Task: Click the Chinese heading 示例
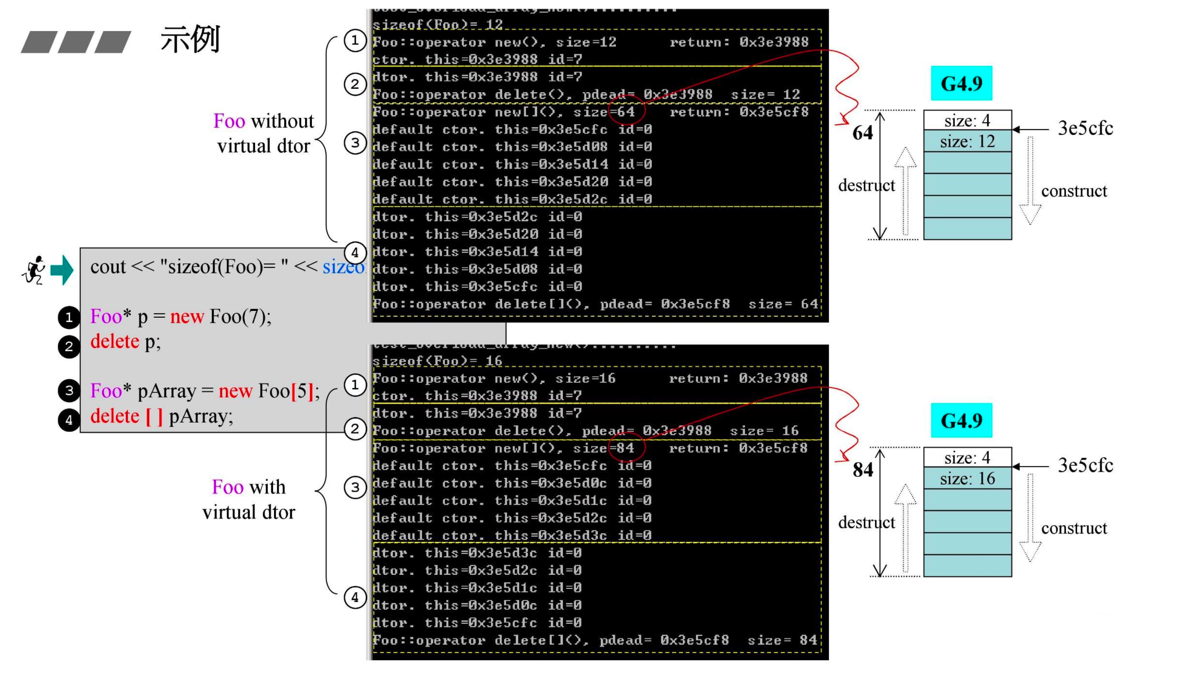tap(190, 40)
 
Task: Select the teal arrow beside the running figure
tap(62, 270)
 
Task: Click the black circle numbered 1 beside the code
tap(69, 317)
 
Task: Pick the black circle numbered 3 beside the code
tap(69, 391)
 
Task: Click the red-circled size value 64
tap(625, 111)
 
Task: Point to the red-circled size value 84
tap(625, 448)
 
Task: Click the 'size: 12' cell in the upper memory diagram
tap(967, 141)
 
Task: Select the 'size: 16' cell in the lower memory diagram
tap(967, 478)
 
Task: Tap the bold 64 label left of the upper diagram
tap(862, 133)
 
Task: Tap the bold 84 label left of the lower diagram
tap(862, 470)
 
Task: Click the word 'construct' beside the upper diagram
tap(1073, 191)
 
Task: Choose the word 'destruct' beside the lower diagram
tap(866, 522)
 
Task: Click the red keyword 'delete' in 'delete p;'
tap(115, 342)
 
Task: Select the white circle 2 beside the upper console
tap(355, 85)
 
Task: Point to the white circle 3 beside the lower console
tap(355, 487)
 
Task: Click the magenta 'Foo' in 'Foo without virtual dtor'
tap(229, 121)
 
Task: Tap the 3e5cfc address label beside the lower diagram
tap(1085, 465)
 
